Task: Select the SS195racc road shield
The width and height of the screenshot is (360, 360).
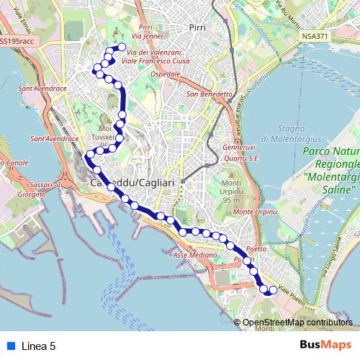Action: (17, 41)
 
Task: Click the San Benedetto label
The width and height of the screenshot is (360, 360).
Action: (209, 94)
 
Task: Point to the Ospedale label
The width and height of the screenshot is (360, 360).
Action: (165, 74)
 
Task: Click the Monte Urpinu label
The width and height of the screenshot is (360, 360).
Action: (256, 212)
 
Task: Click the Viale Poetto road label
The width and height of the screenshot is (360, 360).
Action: (293, 294)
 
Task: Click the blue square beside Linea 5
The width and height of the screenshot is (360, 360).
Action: (9, 346)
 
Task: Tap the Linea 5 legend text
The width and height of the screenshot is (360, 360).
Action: (39, 346)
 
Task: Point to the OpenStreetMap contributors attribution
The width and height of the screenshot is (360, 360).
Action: (297, 323)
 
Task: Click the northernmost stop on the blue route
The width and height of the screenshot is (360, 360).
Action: (122, 48)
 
